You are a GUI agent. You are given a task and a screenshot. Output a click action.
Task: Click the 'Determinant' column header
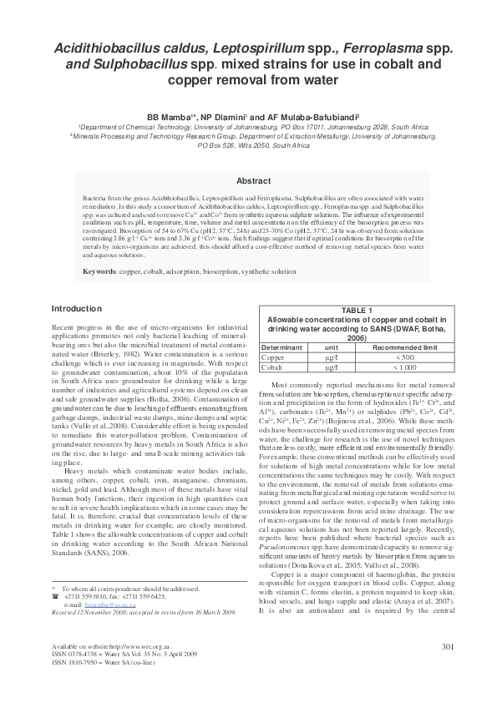(x=281, y=346)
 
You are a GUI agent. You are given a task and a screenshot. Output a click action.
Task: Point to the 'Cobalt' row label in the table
(x=273, y=367)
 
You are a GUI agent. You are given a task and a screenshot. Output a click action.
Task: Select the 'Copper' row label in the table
(x=274, y=357)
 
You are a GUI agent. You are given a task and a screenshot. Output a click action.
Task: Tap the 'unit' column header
(x=331, y=346)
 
